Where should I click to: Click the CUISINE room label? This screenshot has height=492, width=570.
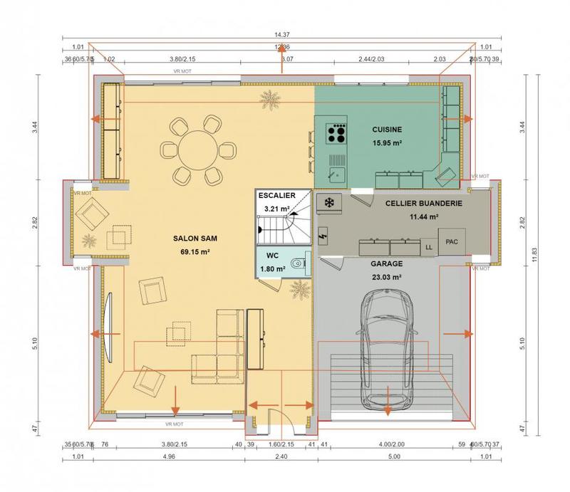coord(387,130)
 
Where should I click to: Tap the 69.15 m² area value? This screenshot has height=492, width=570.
coord(190,252)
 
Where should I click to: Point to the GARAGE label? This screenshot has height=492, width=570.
coord(385,263)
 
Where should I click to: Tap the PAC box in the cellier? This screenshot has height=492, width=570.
coord(451,242)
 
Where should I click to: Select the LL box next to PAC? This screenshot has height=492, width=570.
coord(429,247)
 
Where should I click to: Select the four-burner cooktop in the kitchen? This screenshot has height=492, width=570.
coord(336,132)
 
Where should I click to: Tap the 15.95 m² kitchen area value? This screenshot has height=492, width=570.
coord(387,142)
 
